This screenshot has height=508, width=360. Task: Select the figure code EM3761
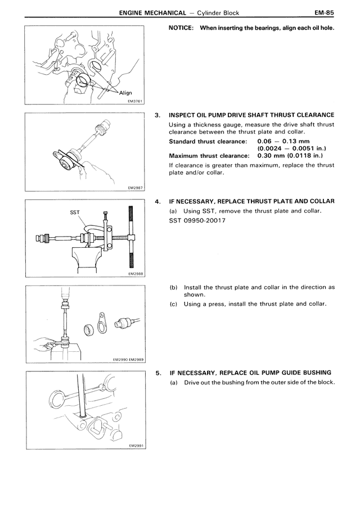click(x=136, y=101)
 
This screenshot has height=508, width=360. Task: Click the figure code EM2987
click(x=136, y=188)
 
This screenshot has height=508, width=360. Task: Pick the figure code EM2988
click(x=136, y=274)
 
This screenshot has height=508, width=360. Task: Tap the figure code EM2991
click(x=136, y=446)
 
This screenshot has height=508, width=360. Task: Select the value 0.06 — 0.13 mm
click(x=283, y=141)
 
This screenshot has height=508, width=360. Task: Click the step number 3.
click(x=158, y=115)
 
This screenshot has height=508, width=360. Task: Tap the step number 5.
click(x=158, y=373)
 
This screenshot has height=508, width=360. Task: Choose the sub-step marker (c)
click(x=174, y=304)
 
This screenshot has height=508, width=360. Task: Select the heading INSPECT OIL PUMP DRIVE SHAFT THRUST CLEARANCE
click(x=251, y=115)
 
